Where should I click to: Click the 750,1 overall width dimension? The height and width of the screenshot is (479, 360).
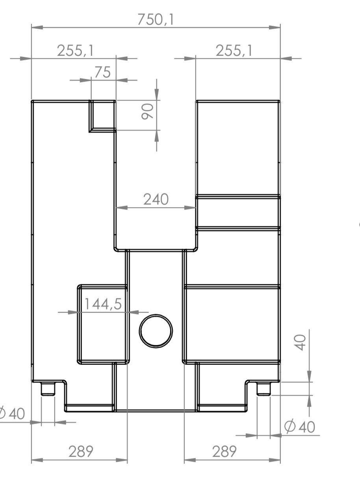click(156, 19)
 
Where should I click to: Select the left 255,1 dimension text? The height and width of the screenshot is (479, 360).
click(75, 51)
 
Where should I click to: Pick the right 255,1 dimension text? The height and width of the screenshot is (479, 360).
click(234, 51)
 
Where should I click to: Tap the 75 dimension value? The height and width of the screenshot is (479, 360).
click(103, 72)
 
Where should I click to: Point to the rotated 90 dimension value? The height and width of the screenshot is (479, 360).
click(147, 111)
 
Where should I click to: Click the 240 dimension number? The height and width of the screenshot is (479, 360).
click(156, 199)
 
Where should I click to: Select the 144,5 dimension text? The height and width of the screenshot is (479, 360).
click(103, 304)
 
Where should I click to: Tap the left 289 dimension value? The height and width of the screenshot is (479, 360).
click(81, 451)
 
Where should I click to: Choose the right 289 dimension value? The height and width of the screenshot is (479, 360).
click(225, 451)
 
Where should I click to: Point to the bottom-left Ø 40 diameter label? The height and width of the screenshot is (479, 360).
click(12, 413)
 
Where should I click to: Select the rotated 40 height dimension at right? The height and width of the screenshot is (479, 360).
click(301, 342)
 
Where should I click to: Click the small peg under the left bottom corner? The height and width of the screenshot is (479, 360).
click(48, 388)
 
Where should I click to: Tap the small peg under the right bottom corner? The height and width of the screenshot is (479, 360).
click(264, 388)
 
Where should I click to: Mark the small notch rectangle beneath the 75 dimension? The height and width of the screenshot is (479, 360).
click(102, 116)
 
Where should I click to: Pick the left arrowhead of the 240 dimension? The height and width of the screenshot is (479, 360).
click(121, 207)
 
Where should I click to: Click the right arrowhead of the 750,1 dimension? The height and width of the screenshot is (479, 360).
click(275, 28)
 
